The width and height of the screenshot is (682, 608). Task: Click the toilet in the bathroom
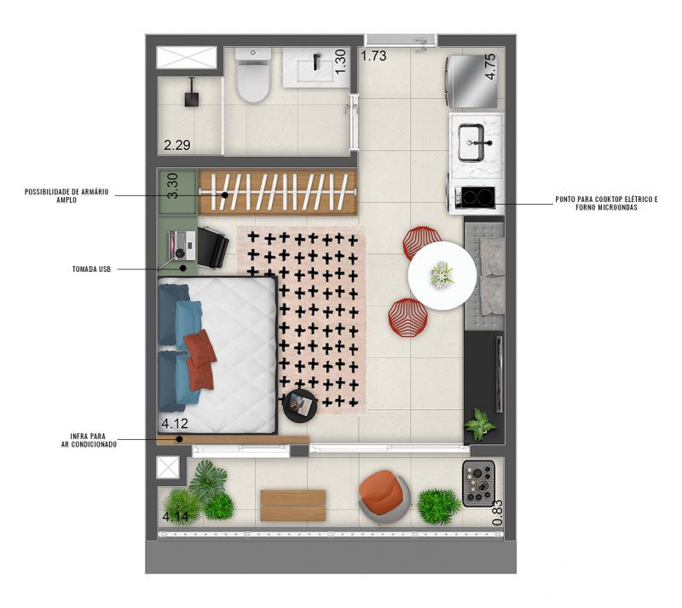(252, 75)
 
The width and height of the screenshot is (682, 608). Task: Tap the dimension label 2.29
(177, 145)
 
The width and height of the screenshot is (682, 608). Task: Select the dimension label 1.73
(373, 56)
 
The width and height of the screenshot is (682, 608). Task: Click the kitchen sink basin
(471, 142)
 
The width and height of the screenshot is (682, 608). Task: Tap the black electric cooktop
(478, 197)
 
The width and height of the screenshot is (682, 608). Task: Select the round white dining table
(442, 275)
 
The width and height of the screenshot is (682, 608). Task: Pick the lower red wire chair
(407, 317)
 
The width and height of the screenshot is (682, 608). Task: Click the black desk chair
(212, 248)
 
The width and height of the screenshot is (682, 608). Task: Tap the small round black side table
(300, 405)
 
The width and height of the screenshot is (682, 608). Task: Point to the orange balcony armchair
(384, 496)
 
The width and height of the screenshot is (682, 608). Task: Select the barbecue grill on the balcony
(478, 484)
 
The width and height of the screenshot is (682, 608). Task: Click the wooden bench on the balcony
(293, 506)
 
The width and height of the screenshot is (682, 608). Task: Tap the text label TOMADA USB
(92, 269)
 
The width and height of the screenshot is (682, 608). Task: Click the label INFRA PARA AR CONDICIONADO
(89, 441)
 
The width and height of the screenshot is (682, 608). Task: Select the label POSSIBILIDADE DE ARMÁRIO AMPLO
(66, 196)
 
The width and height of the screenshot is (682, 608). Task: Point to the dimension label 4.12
(175, 424)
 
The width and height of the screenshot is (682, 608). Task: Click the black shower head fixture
(192, 92)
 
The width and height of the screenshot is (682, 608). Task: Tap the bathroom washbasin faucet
(317, 61)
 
